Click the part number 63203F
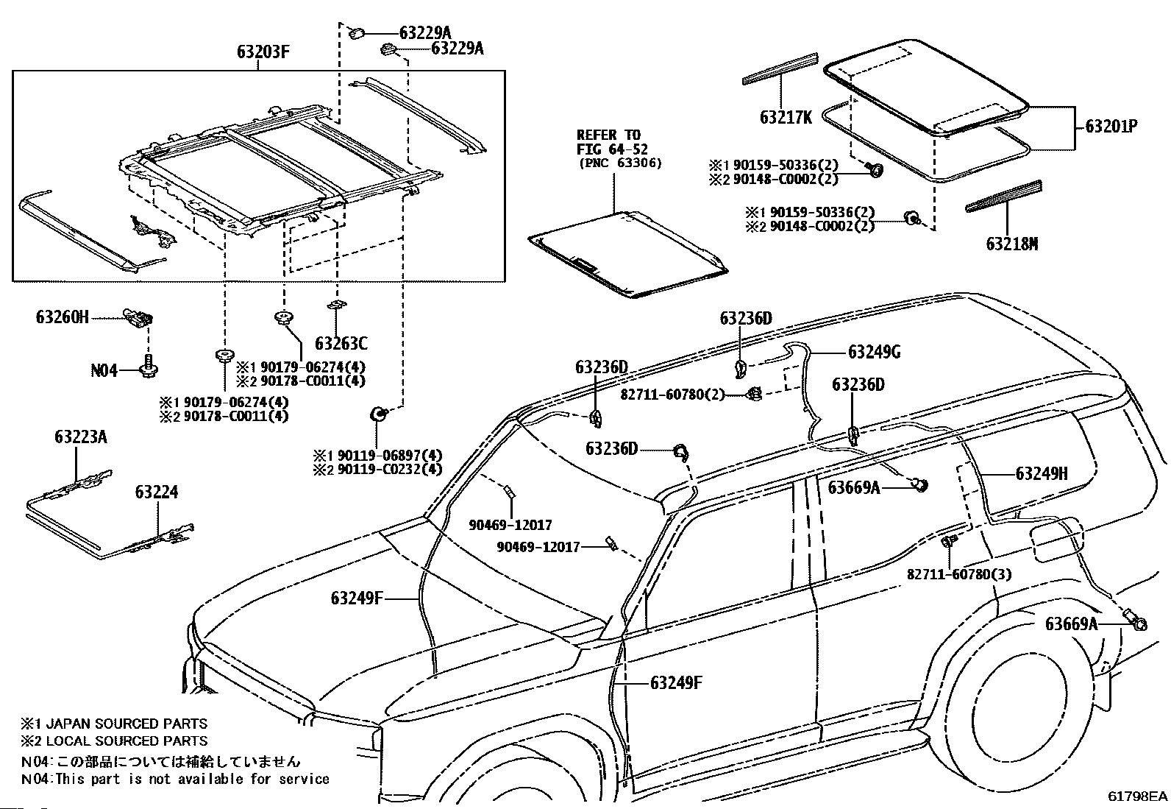pyautogui.click(x=263, y=53)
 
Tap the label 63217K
pyautogui.click(x=786, y=117)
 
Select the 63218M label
pyautogui.click(x=1011, y=244)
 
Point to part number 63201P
pyautogui.click(x=1111, y=126)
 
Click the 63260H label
pyautogui.click(x=62, y=317)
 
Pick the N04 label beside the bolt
pyautogui.click(x=104, y=370)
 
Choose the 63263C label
pyautogui.click(x=341, y=343)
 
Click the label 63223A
pyautogui.click(x=80, y=437)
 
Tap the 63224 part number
pyautogui.click(x=156, y=492)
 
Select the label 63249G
pyautogui.click(x=874, y=352)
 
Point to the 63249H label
pyautogui.click(x=1041, y=473)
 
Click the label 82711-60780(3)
pyautogui.click(x=958, y=573)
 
